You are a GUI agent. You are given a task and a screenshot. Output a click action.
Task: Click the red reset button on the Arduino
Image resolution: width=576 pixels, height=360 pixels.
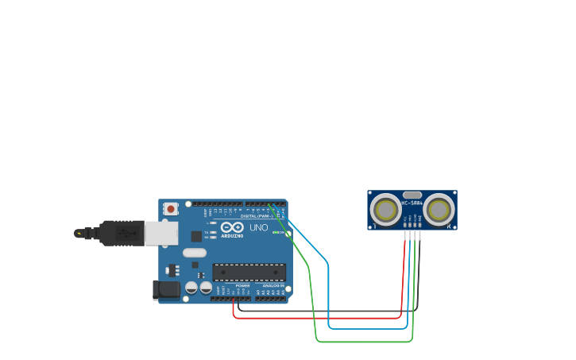tap(170, 208)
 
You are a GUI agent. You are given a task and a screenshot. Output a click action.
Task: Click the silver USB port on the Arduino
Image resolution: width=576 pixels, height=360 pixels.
tap(161, 233)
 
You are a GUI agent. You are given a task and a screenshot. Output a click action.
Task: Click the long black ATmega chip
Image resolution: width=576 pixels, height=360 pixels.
tap(249, 273)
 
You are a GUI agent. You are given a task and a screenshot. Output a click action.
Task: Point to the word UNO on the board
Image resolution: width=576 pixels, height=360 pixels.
tap(259, 227)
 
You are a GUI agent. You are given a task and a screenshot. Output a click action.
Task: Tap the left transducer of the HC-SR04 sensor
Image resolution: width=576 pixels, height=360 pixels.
tap(386, 210)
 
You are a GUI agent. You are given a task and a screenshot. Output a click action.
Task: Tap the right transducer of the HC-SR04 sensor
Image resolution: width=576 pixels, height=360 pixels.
tap(438, 210)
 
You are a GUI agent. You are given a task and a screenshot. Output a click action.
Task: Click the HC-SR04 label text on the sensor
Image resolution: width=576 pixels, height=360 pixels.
tap(412, 202)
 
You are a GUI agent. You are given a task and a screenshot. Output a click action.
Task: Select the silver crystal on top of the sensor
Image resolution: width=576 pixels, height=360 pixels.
tap(412, 194)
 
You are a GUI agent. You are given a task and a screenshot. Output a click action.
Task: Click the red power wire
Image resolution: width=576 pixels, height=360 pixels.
tap(318, 318)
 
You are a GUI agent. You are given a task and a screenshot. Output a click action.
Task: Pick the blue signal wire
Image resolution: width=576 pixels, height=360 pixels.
tap(365, 327)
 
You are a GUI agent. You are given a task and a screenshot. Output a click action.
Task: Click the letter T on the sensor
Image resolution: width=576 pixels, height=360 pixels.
tap(375, 226)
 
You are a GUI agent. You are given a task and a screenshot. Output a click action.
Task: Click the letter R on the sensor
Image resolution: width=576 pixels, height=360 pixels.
tap(449, 226)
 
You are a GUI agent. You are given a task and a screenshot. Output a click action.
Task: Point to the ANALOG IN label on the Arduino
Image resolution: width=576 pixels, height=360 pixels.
tap(272, 286)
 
